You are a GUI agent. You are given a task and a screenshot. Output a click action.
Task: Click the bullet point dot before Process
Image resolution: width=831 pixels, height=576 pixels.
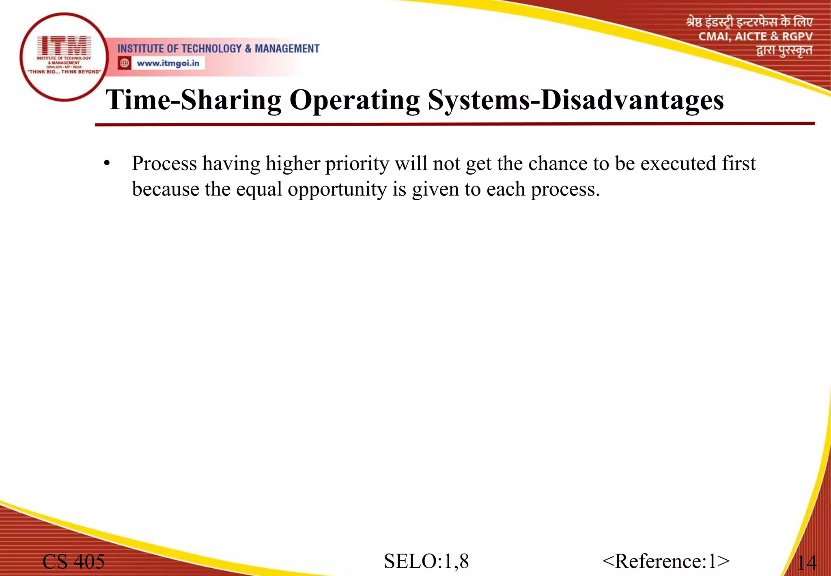[x=107, y=164]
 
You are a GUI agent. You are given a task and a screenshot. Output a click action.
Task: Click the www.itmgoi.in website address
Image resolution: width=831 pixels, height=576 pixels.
[x=168, y=63]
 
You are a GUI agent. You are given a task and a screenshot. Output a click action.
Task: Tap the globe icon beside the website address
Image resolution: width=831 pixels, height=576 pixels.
[x=125, y=63]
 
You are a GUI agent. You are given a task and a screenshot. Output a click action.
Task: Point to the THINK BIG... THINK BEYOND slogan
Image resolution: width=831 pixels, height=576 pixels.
[x=64, y=72]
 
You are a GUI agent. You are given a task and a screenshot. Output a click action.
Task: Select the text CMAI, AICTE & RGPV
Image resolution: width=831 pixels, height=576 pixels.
[x=755, y=37]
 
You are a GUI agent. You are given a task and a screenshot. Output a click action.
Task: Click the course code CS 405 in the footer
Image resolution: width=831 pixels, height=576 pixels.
[x=73, y=562]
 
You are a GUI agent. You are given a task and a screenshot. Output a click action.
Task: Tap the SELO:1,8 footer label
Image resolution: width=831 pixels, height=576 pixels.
[x=426, y=561]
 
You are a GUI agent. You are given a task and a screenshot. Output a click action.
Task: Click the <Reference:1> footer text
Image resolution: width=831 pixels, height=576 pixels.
[x=666, y=561]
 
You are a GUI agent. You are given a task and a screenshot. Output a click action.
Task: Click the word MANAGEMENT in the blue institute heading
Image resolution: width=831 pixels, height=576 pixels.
[x=287, y=49]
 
